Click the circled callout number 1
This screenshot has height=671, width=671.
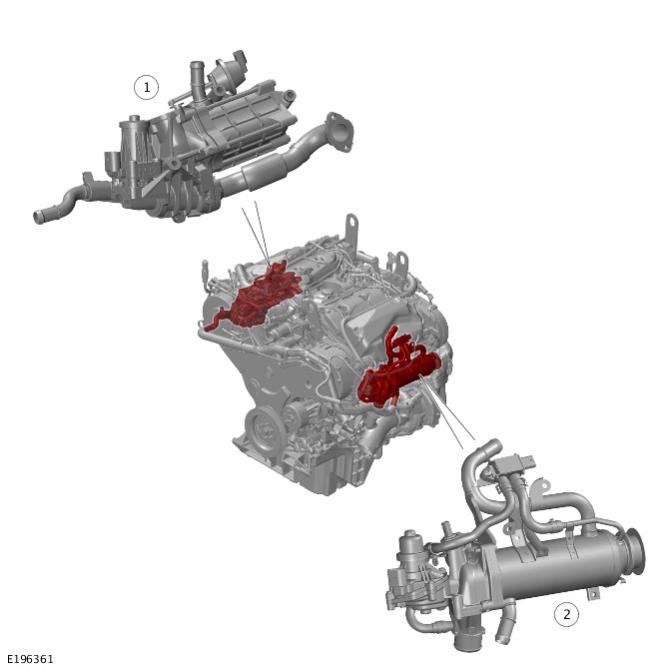click(147, 87)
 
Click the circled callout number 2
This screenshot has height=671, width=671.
click(566, 614)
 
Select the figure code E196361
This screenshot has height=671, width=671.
click(30, 659)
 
